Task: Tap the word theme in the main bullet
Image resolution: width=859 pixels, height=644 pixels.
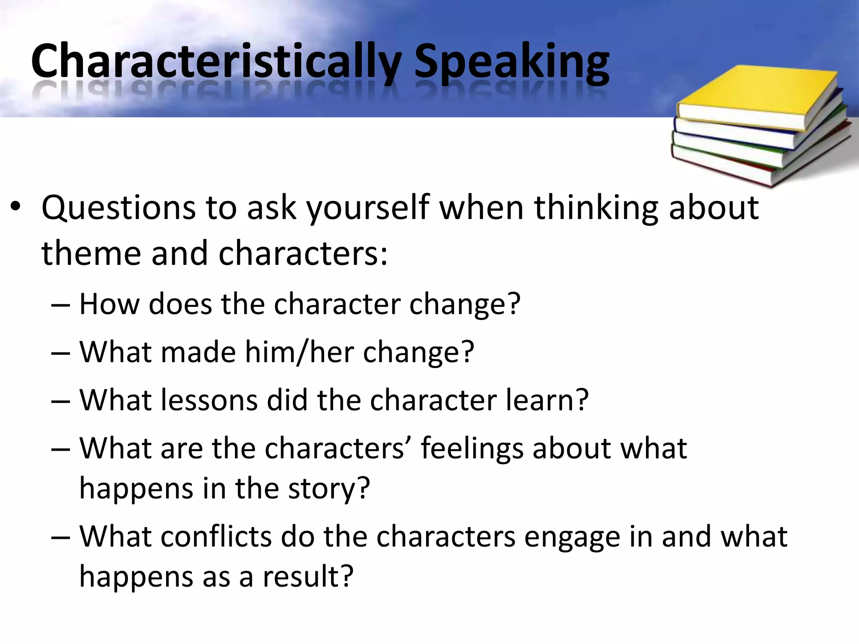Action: [91, 253]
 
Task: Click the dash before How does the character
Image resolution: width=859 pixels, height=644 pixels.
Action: [60, 306]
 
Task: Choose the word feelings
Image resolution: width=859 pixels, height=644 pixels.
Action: [472, 449]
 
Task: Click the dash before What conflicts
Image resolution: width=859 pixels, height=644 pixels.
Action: [60, 538]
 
